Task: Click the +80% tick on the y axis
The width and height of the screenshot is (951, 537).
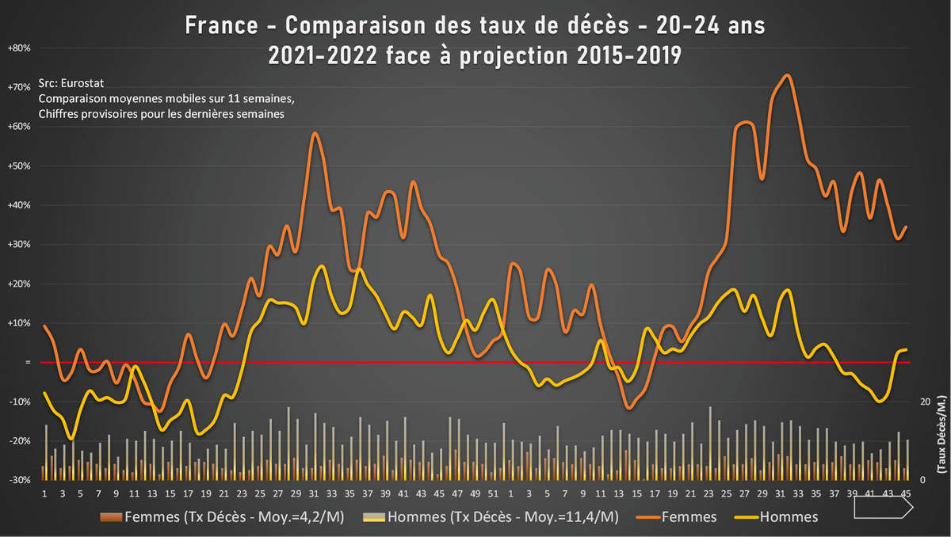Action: [19, 48]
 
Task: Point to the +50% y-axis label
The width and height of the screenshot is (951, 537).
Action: [19, 166]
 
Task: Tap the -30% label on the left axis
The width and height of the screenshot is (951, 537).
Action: [19, 480]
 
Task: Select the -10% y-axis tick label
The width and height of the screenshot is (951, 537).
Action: [19, 402]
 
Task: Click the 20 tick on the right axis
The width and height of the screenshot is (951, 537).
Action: [922, 402]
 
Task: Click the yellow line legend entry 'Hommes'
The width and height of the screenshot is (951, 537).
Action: [789, 517]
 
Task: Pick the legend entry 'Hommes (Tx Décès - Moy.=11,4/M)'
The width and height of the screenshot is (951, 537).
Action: [490, 517]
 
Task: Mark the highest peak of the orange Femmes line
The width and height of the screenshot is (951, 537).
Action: [786, 76]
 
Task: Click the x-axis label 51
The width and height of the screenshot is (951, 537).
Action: [492, 494]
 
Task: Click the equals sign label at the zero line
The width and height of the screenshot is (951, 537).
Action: [28, 363]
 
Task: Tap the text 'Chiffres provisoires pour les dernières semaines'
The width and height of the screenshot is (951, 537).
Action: [162, 114]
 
